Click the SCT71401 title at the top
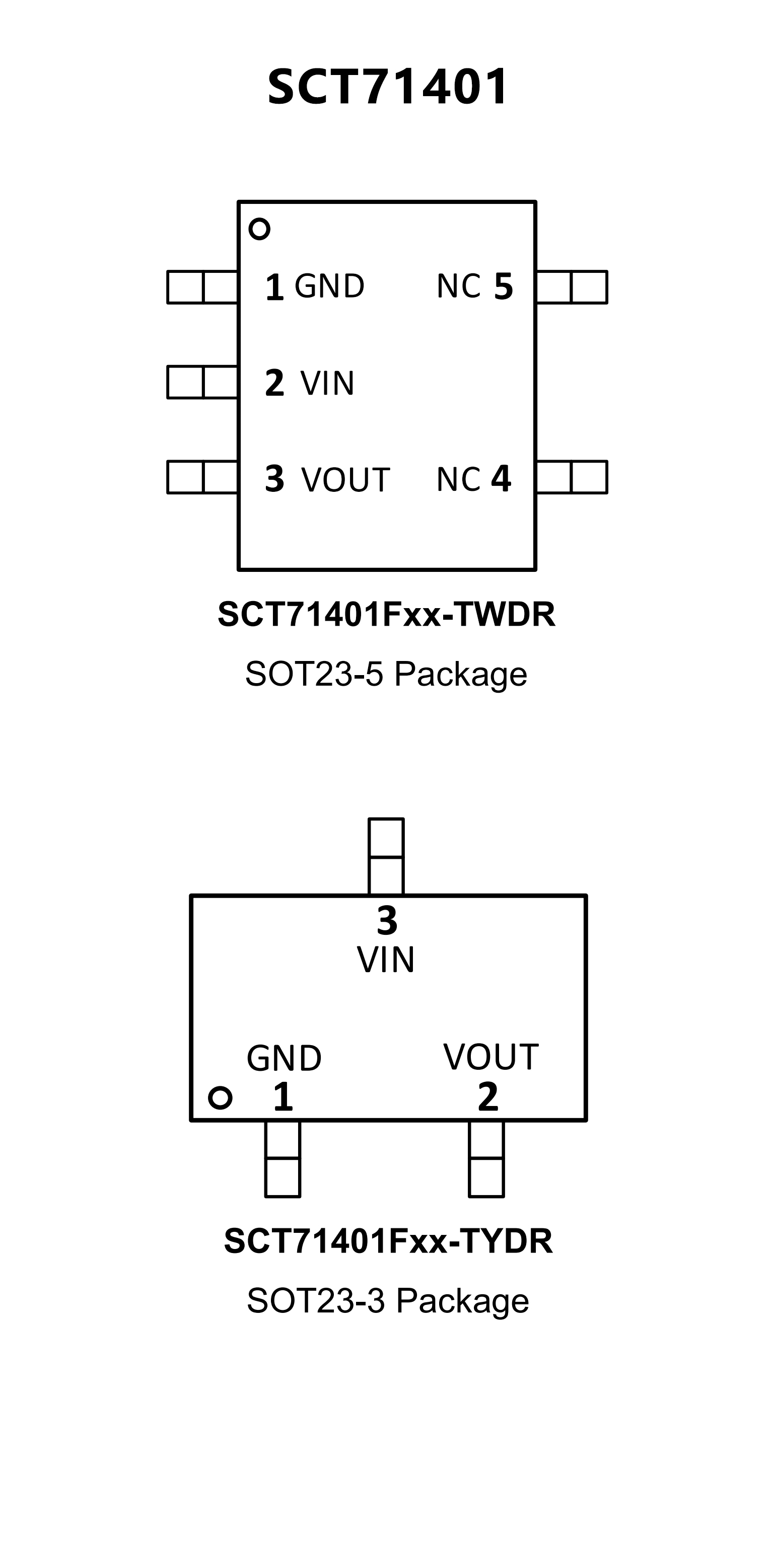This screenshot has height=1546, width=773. coord(388,87)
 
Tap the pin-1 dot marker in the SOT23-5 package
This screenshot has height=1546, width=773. coord(259,229)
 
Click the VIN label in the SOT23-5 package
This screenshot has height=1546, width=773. coord(328,383)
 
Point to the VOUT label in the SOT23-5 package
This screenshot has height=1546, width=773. coord(345,480)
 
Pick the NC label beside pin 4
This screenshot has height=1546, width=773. coord(459,480)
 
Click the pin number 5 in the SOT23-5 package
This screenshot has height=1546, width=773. coord(504,286)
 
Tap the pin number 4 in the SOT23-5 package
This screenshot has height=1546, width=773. coord(501,479)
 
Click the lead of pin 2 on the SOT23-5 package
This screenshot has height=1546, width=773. coord(203,382)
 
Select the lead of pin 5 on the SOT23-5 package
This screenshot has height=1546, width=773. coord(572,287)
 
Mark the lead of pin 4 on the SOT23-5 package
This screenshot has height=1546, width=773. coord(572,477)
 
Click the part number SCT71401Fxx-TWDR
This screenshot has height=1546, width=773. coord(387,614)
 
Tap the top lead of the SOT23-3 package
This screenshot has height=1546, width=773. coord(386,856)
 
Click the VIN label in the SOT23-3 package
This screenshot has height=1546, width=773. coord(386,960)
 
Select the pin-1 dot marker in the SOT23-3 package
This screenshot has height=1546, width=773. coord(220,1097)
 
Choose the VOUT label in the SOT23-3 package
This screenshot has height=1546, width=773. coord(491,1057)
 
